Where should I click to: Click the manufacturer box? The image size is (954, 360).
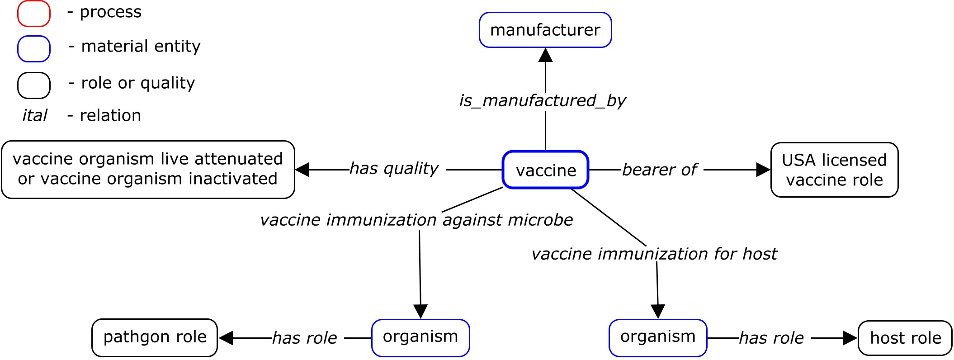[545, 30]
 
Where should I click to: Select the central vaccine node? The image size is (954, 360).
[545, 170]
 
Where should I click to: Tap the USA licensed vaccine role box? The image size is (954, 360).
[834, 170]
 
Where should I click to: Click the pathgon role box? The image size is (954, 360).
[155, 337]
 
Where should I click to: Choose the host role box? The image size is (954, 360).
[905, 338]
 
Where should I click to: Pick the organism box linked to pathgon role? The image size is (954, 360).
[420, 337]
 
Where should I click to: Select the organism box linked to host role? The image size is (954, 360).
[658, 337]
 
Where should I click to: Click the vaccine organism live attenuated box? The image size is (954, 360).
[148, 169]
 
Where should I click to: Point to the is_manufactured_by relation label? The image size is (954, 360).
[543, 100]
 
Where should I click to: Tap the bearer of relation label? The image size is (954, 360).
[660, 170]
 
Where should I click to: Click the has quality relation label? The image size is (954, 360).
[394, 168]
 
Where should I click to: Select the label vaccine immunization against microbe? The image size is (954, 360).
[416, 220]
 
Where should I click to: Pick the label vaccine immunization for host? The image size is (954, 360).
[654, 254]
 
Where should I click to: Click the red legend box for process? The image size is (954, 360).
[34, 14]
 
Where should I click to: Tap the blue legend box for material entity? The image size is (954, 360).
[34, 49]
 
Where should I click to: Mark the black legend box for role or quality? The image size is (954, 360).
[34, 85]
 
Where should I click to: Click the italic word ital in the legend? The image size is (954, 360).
[35, 115]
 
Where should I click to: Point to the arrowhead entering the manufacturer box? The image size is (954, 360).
[545, 55]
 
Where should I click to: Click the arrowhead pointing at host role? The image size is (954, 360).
[850, 338]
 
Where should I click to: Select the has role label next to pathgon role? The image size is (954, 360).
[304, 338]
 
